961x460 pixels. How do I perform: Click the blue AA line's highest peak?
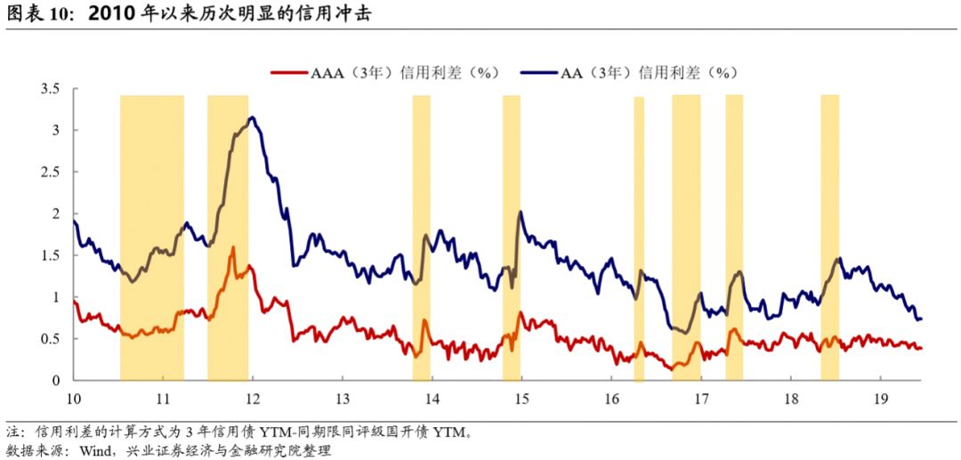click(x=253, y=117)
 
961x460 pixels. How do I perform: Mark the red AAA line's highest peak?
click(x=233, y=247)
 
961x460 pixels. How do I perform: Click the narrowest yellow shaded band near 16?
click(x=639, y=238)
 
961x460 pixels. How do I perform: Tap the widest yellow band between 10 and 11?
click(x=151, y=238)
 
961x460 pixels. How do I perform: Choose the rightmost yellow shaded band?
click(x=829, y=238)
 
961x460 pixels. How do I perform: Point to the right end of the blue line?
click(x=921, y=319)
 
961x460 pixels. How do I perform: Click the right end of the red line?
click(x=921, y=348)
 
